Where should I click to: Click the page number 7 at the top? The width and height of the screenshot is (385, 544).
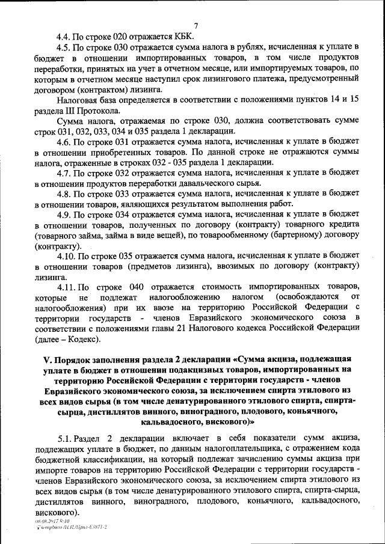[196, 25]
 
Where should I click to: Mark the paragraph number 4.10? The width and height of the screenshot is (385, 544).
[66, 257]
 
